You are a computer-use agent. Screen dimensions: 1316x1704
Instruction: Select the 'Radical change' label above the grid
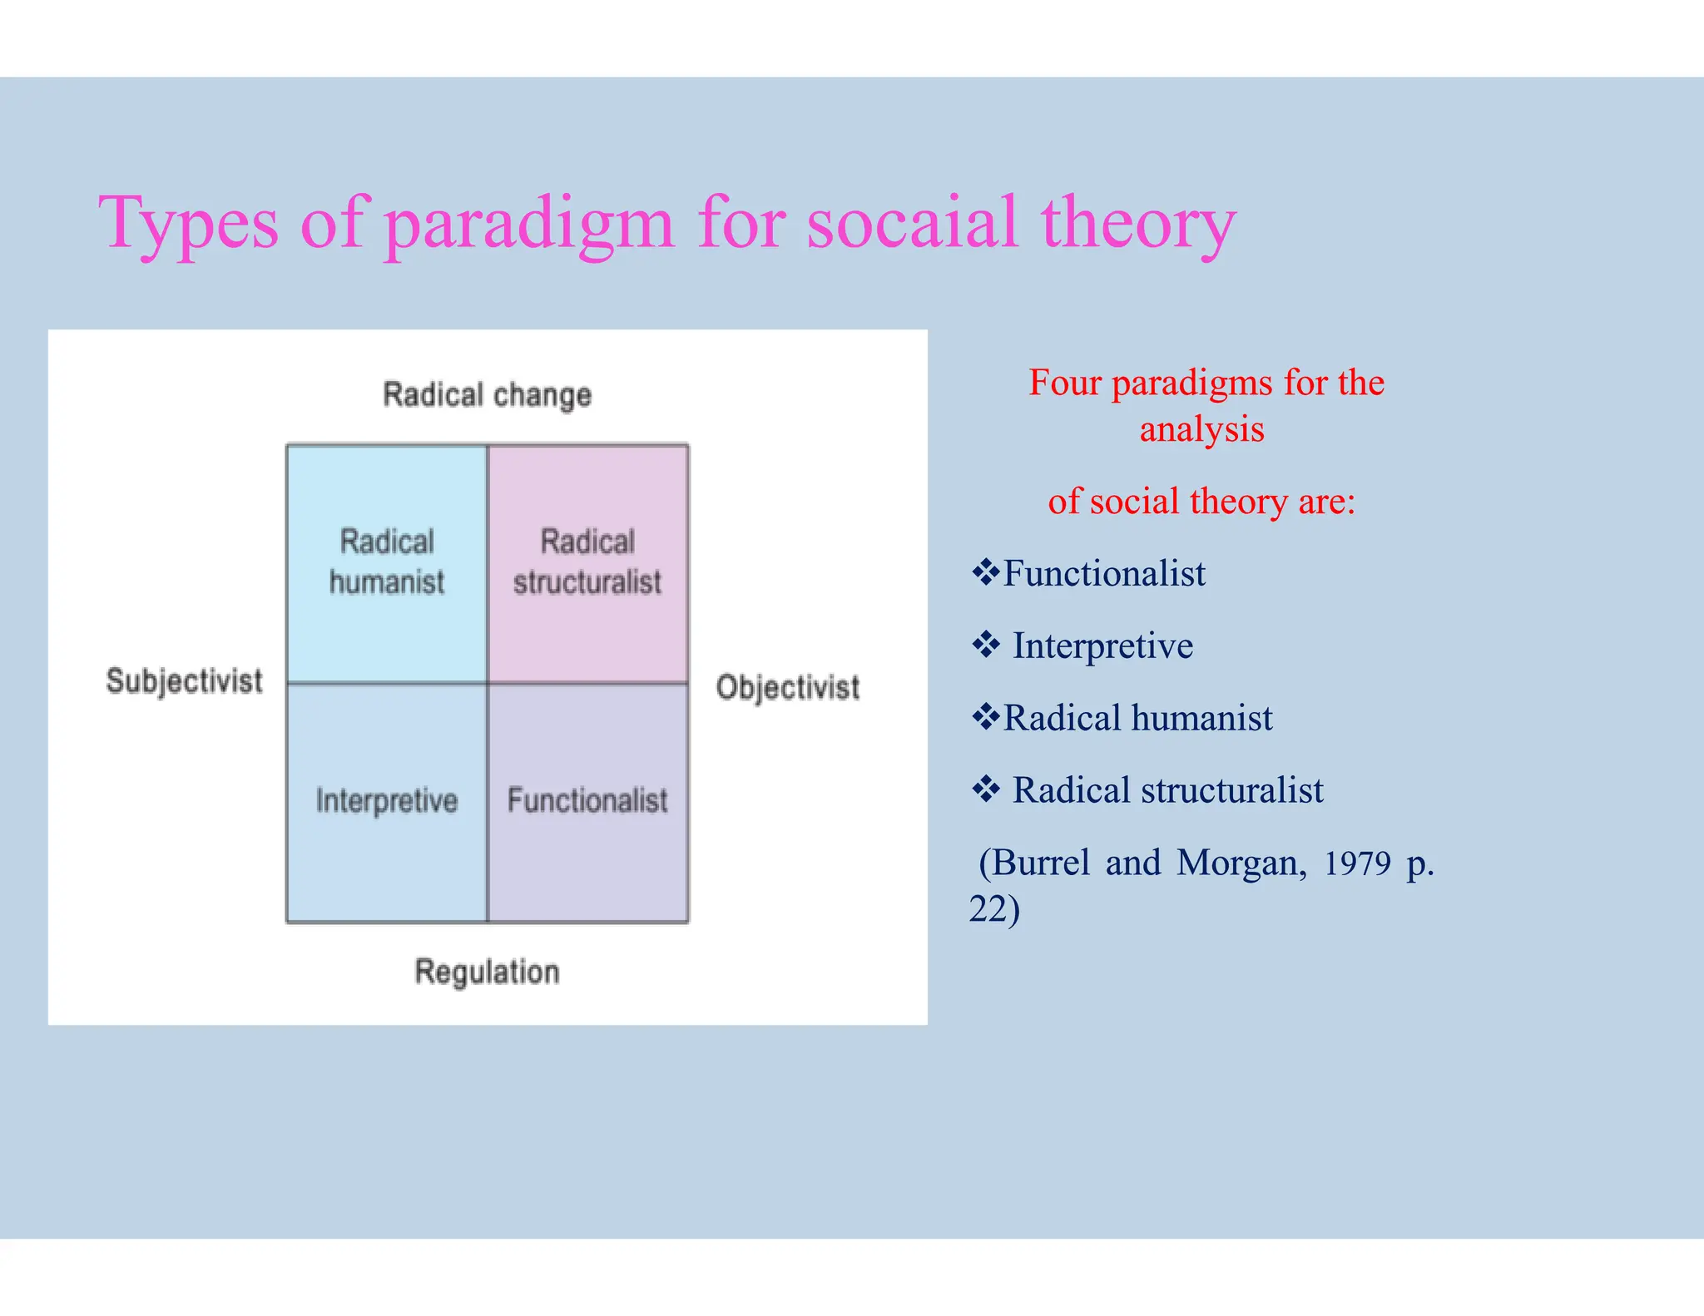click(487, 394)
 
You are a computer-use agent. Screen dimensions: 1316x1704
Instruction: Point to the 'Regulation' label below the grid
click(487, 972)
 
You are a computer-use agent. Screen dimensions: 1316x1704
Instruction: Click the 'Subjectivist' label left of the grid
click(184, 681)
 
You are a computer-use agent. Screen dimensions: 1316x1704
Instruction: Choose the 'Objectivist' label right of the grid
click(787, 688)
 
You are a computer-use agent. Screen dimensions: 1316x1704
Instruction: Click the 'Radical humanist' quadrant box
click(387, 563)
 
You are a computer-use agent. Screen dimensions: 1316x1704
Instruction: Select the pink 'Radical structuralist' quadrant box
click(587, 563)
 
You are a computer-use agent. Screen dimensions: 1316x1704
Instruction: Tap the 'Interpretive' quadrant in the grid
click(387, 801)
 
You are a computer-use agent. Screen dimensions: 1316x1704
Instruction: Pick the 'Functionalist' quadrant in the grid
click(587, 801)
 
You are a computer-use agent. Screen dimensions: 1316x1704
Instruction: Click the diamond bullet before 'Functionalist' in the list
click(985, 572)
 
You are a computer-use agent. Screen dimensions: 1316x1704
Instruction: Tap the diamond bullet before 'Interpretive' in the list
click(985, 645)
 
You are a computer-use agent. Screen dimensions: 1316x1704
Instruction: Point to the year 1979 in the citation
click(1357, 863)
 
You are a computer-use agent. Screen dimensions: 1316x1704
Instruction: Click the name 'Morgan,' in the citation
click(1241, 863)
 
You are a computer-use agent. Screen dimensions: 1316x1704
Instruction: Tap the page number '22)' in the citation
click(994, 909)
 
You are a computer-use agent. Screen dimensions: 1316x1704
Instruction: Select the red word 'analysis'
click(1201, 430)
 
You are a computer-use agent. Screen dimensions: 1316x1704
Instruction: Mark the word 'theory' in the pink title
click(1137, 223)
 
